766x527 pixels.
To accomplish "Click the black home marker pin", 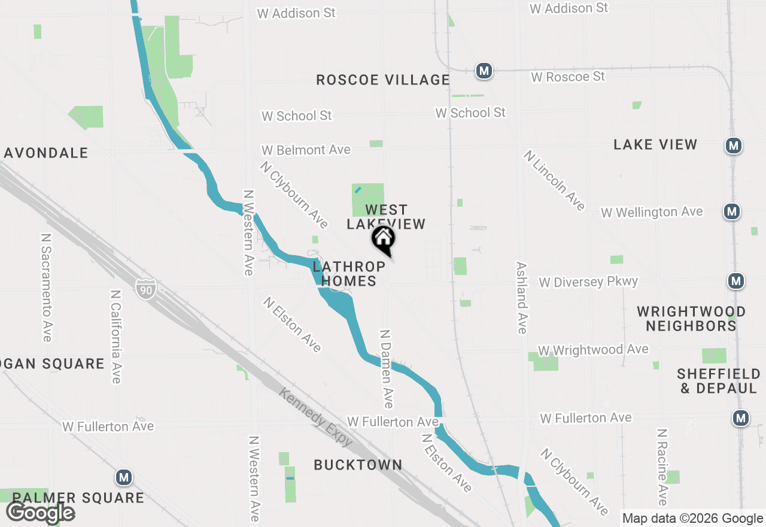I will pos(384,239).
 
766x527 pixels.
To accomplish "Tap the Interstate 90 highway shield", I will pos(145,289).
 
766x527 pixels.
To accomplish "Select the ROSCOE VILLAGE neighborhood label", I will pos(383,80).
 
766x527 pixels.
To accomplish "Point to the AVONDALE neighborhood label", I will pos(46,153).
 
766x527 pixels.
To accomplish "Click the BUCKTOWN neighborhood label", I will pos(358,465).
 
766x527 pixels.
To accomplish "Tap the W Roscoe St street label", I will pos(568,77).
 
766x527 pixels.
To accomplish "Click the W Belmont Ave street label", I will pos(306,150).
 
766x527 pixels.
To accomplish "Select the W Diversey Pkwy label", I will pos(588,281).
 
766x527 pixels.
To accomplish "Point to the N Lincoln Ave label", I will pos(554,180).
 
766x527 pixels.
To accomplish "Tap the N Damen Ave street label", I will pos(387,368).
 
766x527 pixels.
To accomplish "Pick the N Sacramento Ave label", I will pos(46,287).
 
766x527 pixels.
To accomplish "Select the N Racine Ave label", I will pos(662,467).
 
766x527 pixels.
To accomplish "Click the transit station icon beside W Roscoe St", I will pos(484,71).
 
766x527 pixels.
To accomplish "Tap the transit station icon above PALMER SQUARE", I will pos(124,478).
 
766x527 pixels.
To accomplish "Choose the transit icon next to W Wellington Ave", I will pos(731,211).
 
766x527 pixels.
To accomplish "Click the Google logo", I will pos(40,513).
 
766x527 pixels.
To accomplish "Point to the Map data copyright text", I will pos(692,519).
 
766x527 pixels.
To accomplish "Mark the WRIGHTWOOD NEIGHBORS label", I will pos(691,319).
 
